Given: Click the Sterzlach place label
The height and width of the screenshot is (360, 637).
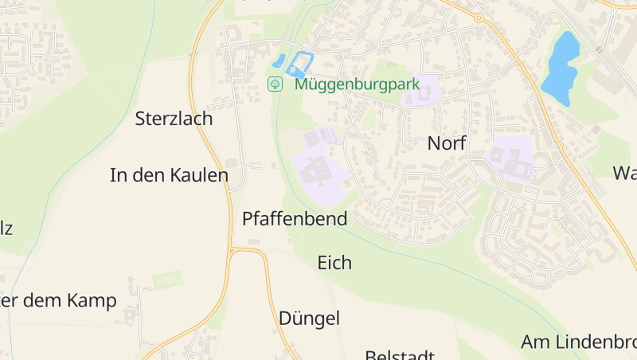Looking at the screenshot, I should coord(174,119).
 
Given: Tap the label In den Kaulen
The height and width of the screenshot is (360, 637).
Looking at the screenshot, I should coord(169,175).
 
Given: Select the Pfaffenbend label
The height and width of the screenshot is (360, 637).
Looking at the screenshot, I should coord(295,218).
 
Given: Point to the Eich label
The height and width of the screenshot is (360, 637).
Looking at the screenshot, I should coord(334,262).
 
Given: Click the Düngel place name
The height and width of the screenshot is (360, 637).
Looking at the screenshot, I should coord(309,319).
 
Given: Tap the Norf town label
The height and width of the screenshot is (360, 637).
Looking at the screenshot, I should coord(446,143).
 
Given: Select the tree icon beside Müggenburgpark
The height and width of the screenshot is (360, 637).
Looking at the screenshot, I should coord(275,84).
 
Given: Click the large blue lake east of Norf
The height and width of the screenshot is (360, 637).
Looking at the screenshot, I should coord(561,68).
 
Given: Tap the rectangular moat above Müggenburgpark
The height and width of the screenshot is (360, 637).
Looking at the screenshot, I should coord(300,64).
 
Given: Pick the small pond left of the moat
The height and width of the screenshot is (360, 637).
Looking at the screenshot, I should coord(279,61).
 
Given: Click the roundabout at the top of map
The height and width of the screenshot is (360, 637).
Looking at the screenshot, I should coord(479,17).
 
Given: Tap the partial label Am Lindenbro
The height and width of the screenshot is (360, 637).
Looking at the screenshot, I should coord(578,342).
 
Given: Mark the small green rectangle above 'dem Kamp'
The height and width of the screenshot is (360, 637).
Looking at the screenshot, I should coord(167,280).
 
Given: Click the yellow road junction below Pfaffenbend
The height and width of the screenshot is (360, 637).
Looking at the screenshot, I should coord(232,252).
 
